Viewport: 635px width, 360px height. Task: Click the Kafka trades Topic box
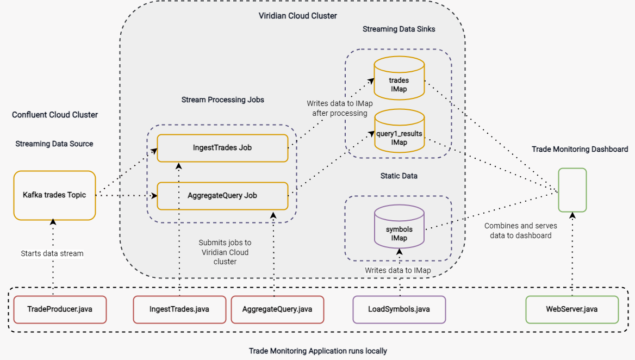(x=54, y=195)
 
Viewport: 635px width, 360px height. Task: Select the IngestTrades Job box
(x=222, y=148)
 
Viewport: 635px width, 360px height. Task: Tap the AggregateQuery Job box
(x=222, y=196)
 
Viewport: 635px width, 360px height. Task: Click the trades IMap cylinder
(x=399, y=79)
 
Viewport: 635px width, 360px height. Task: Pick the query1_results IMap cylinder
(x=399, y=132)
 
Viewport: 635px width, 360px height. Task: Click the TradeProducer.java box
(x=60, y=309)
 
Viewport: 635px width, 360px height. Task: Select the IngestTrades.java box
(x=179, y=309)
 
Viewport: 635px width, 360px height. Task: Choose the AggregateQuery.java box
(x=277, y=309)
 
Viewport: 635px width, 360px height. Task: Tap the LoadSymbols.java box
(x=399, y=309)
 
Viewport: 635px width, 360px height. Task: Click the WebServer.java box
(x=572, y=309)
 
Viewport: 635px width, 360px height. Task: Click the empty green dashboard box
(x=572, y=190)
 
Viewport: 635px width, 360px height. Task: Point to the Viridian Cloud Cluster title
(x=297, y=16)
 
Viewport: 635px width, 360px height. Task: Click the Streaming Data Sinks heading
(x=399, y=29)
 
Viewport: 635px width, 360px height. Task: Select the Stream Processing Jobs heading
(x=223, y=100)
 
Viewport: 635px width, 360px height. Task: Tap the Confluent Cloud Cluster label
(x=55, y=115)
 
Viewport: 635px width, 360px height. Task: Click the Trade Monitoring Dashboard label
(x=580, y=149)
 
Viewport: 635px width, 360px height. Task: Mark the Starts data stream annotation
(x=52, y=253)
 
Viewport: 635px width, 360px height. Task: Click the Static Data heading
(x=399, y=176)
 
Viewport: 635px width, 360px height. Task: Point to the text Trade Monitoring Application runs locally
(x=318, y=351)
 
